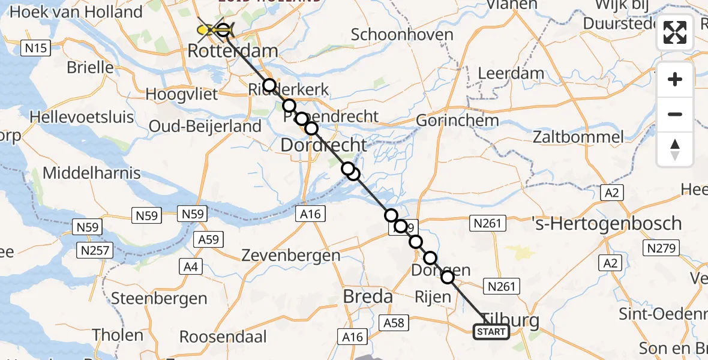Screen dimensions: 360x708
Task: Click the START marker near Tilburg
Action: click(x=491, y=332)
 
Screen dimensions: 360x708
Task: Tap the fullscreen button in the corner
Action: click(x=675, y=32)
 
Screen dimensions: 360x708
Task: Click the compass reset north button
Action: click(x=675, y=149)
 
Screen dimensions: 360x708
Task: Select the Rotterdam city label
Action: click(x=233, y=50)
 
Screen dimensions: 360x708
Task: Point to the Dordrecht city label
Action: click(x=323, y=145)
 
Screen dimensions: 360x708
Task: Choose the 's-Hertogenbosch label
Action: click(x=607, y=223)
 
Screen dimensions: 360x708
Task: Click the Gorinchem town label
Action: click(x=457, y=120)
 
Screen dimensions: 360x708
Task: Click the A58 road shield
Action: click(x=394, y=323)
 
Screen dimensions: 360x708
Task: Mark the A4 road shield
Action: click(x=190, y=265)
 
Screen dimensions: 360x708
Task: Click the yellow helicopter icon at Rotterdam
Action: click(x=206, y=29)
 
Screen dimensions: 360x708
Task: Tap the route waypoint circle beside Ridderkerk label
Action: click(x=269, y=85)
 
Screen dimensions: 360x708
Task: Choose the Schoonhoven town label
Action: click(x=402, y=34)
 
